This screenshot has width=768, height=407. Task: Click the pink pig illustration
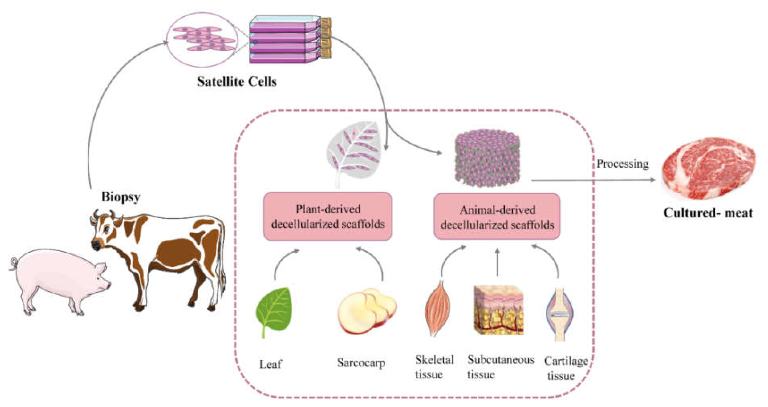(x=57, y=280)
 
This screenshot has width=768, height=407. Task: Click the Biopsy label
(x=121, y=197)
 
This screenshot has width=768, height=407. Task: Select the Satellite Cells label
(x=237, y=82)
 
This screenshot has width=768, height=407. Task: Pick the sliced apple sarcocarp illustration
(x=367, y=311)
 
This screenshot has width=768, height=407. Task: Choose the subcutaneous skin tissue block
(x=499, y=310)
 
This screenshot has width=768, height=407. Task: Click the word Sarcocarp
(x=361, y=363)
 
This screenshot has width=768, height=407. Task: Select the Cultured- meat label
(x=708, y=213)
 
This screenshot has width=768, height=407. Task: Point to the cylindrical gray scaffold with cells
(x=487, y=158)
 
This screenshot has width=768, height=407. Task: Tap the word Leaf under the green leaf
(x=270, y=364)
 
